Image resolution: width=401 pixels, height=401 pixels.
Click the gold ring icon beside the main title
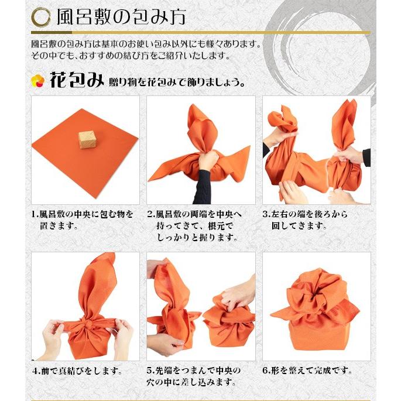click(x=41, y=17)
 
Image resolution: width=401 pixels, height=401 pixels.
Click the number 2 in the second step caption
click(x=150, y=214)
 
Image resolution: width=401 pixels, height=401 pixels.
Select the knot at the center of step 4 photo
click(x=85, y=323)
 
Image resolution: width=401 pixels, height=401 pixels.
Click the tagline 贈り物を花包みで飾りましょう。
click(x=176, y=81)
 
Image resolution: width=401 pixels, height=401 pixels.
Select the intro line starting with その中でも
click(x=132, y=56)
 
